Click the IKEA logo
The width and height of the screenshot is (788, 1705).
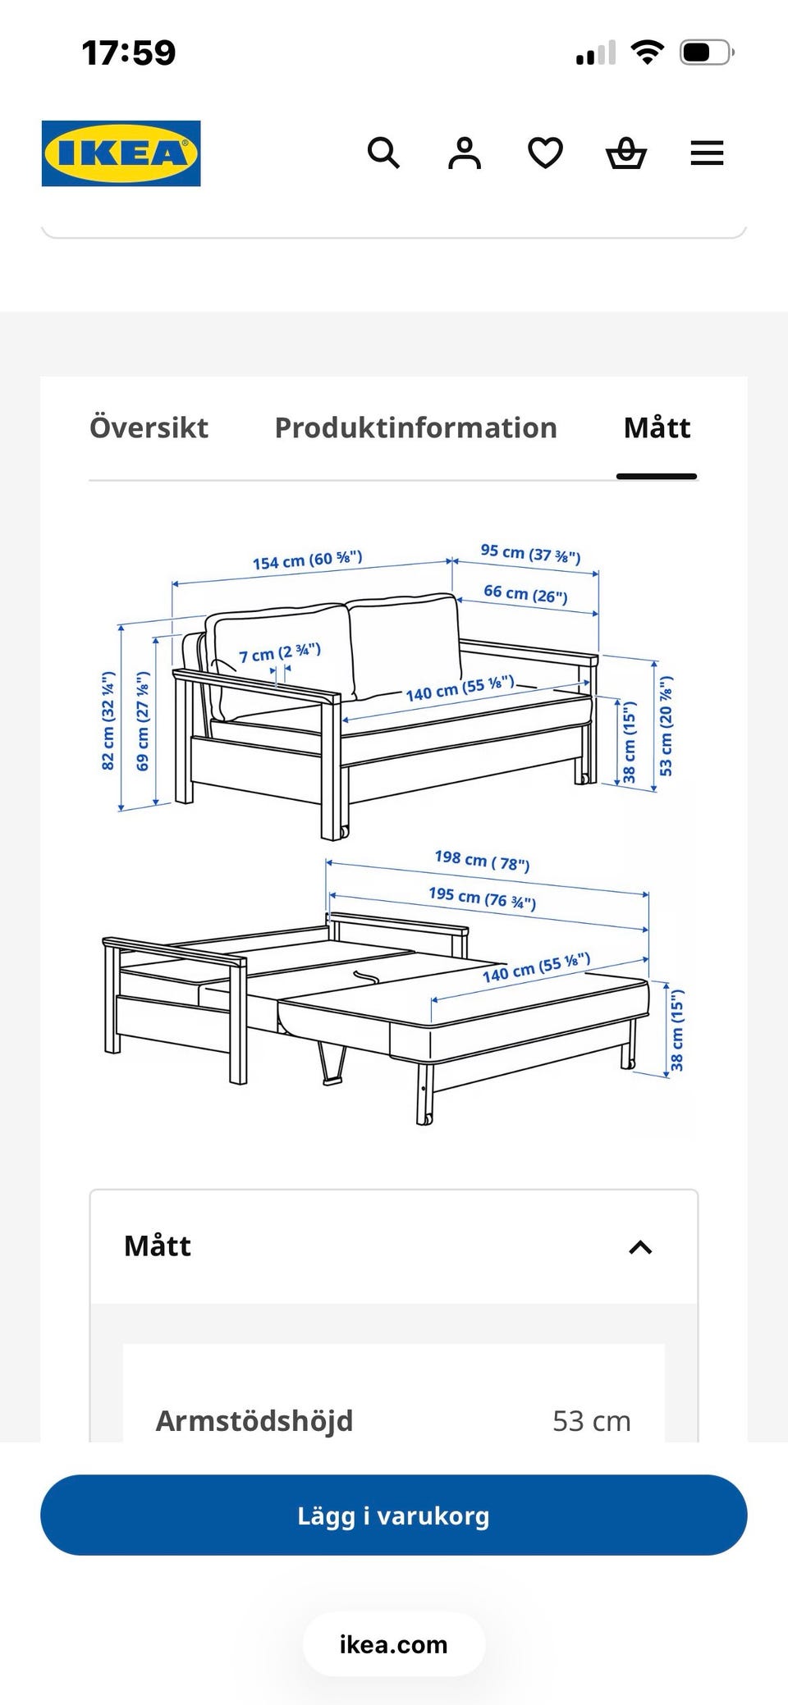point(121,153)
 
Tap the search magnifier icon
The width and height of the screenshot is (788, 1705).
point(383,153)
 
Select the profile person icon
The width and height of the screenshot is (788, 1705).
point(465,153)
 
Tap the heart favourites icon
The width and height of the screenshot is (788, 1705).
point(545,153)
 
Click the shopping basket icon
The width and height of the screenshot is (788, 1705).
point(626,153)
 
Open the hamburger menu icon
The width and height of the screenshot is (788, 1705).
point(707,153)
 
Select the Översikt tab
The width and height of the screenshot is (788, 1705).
point(149,427)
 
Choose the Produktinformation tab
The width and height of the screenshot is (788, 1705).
point(415,427)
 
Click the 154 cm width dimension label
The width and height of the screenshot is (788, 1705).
point(307,560)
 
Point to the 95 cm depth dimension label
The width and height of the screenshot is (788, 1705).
point(531,554)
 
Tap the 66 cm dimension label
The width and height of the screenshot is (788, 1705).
point(525,593)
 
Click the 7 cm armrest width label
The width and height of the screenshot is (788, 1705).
point(280,653)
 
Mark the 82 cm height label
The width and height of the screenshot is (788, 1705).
point(108,721)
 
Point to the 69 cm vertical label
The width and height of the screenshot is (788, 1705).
point(143,721)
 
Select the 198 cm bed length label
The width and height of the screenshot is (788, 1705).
point(482,861)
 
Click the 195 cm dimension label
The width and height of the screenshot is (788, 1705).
point(482,898)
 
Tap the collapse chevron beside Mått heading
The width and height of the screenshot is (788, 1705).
point(640,1247)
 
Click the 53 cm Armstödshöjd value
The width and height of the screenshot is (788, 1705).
point(592,1421)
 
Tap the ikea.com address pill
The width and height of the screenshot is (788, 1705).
point(394,1644)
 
